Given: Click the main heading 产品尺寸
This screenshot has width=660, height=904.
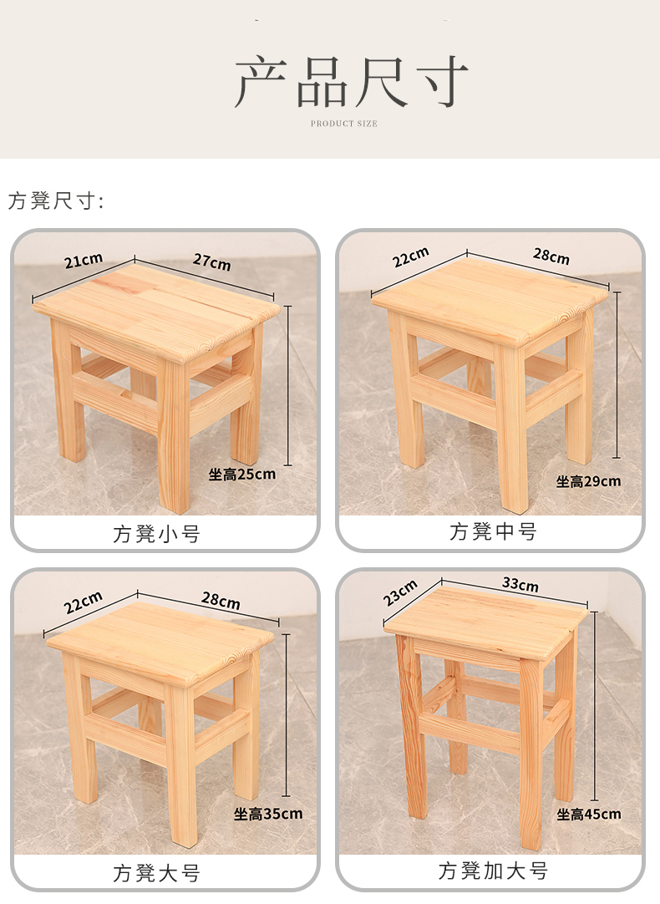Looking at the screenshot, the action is tap(350, 81).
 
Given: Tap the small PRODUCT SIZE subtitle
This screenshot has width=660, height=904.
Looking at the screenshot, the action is tap(344, 124).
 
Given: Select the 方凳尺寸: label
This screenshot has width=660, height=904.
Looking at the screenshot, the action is tap(56, 201).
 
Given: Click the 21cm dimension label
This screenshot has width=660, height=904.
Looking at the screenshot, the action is tap(84, 261).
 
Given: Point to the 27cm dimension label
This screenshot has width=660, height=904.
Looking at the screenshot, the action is tap(211, 262).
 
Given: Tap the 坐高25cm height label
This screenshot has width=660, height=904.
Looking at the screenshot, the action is tap(242, 475).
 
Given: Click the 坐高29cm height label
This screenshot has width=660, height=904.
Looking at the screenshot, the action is tap(588, 481).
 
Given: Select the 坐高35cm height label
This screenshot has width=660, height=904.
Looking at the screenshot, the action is tap(268, 814).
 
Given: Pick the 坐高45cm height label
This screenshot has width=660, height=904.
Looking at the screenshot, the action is tap(589, 815).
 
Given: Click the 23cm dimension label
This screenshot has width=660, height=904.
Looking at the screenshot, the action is tap(400, 593).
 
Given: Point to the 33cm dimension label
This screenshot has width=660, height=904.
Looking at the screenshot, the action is tap(520, 584).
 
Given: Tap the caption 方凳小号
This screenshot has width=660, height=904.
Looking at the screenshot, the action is tap(157, 534).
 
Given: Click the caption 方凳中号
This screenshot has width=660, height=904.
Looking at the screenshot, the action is tap(493, 531).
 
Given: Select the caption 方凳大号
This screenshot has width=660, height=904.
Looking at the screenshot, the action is tap(157, 873).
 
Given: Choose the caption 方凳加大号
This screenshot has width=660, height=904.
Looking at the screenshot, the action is tap(493, 871).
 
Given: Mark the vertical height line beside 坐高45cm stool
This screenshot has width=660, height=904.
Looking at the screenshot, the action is tap(594, 706).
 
